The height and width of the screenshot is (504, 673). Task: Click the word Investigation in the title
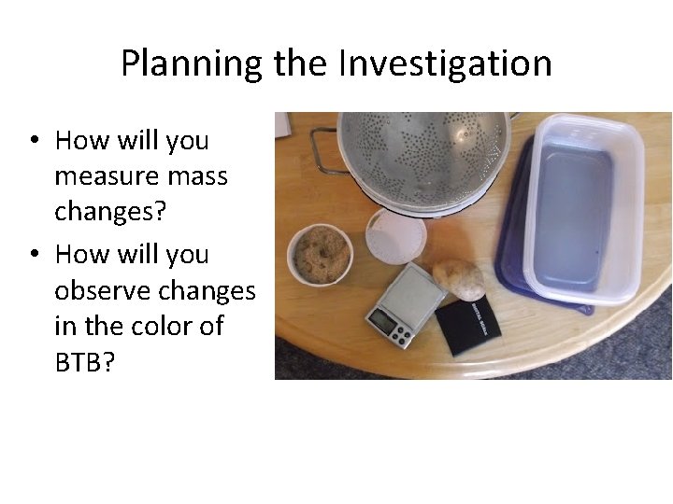tap(445, 64)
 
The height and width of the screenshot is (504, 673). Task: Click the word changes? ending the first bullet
tap(110, 212)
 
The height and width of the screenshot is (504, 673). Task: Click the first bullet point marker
tap(34, 142)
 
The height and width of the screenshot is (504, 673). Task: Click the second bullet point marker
tap(34, 255)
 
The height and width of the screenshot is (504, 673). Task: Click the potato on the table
tap(459, 278)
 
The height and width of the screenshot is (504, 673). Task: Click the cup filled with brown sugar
tap(321, 253)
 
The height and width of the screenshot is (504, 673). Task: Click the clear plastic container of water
tap(580, 210)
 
